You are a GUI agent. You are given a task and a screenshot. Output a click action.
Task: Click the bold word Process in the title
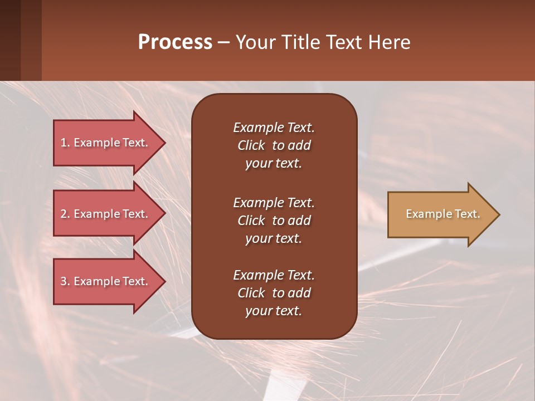[x=175, y=42]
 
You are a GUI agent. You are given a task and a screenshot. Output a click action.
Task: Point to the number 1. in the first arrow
[x=65, y=143]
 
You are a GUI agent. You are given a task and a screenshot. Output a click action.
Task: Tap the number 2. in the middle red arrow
[x=65, y=214]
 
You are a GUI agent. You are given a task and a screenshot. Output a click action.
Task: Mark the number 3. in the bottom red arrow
[x=65, y=281]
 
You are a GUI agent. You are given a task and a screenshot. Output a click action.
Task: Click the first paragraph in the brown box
[x=274, y=145]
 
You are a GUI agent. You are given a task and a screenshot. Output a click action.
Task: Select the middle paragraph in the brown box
[x=274, y=221]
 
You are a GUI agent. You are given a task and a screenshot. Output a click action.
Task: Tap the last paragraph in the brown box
[x=274, y=293]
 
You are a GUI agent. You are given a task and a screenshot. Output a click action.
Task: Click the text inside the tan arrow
[x=442, y=214]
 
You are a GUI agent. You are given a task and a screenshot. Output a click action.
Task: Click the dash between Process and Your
[x=223, y=42]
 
